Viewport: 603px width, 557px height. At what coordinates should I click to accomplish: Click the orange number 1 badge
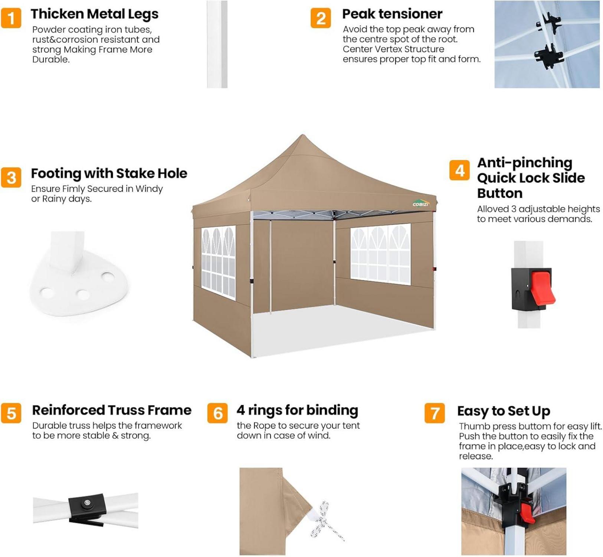coord(11,18)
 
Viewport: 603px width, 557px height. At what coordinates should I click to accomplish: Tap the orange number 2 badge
coord(321,18)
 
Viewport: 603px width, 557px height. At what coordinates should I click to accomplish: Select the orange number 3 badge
coord(11,177)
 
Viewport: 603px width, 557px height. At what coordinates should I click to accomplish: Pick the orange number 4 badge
coord(459,170)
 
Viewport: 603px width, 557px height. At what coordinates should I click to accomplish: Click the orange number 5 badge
coord(11,413)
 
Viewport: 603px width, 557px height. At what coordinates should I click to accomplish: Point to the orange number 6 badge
coord(217,413)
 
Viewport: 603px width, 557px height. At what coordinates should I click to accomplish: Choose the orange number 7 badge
coord(435,413)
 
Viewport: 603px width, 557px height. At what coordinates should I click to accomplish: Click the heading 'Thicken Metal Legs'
coord(95,14)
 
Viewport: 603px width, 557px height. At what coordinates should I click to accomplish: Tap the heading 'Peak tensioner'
coord(392,14)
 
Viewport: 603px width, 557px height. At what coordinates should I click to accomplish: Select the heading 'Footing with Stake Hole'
coord(109,173)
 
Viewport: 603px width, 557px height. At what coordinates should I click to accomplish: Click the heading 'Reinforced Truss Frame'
coord(112,410)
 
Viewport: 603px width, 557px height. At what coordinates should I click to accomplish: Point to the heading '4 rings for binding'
coord(297,410)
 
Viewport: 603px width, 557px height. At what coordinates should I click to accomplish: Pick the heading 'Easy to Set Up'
coord(504,411)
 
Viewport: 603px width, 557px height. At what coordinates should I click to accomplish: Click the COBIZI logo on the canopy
coord(421,204)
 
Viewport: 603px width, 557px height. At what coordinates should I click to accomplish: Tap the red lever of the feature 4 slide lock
coord(542,289)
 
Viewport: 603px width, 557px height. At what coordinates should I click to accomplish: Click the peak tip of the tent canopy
coord(302,135)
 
